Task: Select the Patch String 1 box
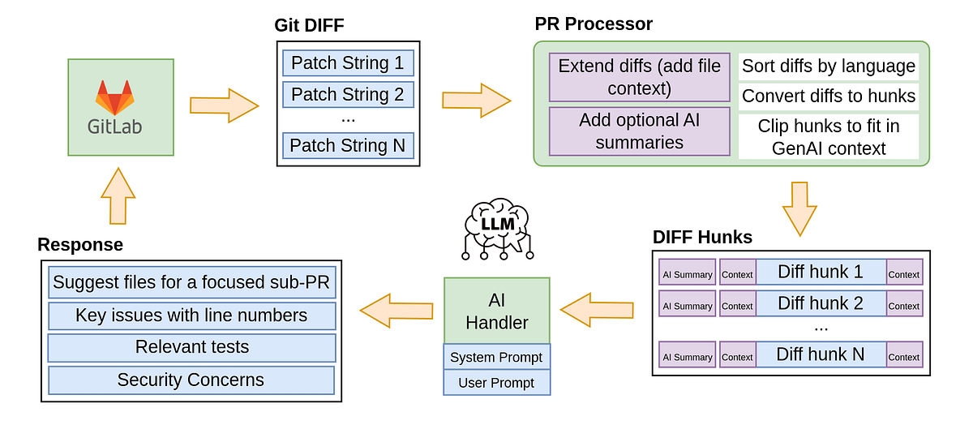click(x=348, y=63)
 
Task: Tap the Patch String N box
click(x=348, y=146)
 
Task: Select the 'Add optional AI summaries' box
click(x=640, y=131)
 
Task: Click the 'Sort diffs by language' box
click(x=829, y=67)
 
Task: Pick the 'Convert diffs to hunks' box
click(x=829, y=97)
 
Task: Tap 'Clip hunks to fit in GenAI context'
click(x=829, y=137)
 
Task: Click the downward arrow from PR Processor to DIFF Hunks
click(x=800, y=208)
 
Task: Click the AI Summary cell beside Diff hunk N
click(x=688, y=357)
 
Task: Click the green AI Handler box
click(x=496, y=311)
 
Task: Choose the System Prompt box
click(x=496, y=357)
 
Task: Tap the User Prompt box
click(x=496, y=383)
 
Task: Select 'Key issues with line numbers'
click(x=191, y=316)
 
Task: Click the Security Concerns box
click(x=191, y=380)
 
